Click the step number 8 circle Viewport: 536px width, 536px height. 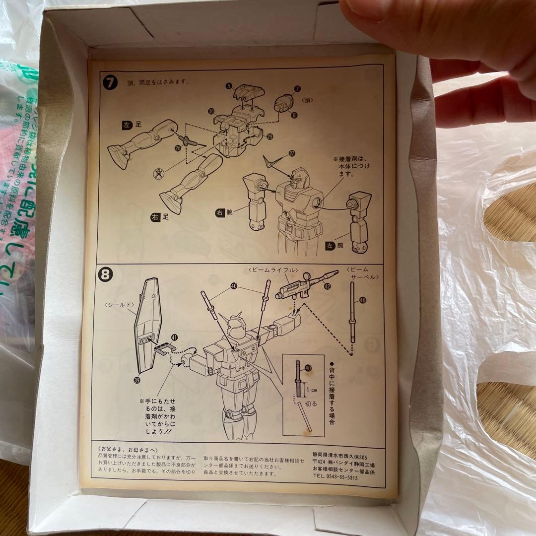tap(105, 274)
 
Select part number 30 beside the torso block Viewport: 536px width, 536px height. tap(211, 111)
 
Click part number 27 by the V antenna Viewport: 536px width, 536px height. tap(291, 154)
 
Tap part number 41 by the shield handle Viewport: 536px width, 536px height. tap(174, 337)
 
